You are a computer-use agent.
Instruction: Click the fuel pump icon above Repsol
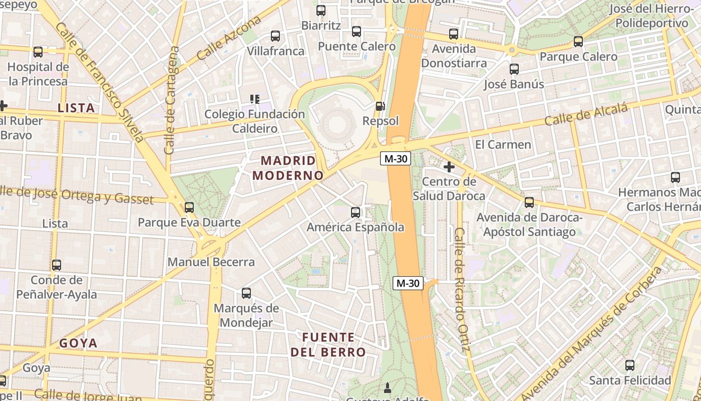(381, 106)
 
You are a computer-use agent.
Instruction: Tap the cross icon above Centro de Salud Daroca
(449, 167)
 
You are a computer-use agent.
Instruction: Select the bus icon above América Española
(356, 213)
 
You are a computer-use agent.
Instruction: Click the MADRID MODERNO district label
(288, 168)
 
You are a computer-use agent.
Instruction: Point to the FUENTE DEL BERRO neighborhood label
(328, 344)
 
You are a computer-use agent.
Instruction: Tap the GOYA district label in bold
(79, 343)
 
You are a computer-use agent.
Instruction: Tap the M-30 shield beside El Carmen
(396, 159)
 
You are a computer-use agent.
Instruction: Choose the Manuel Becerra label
(211, 262)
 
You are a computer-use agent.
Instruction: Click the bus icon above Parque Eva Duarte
(189, 207)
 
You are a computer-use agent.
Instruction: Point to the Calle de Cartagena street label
(171, 100)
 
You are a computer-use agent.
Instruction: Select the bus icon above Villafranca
(275, 36)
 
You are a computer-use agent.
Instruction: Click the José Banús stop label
(513, 84)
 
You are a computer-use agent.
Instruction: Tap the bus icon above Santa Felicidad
(630, 365)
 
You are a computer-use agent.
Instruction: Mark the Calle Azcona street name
(229, 38)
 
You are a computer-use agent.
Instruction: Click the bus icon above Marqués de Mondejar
(246, 293)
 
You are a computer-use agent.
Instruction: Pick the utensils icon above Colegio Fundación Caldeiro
(255, 99)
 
